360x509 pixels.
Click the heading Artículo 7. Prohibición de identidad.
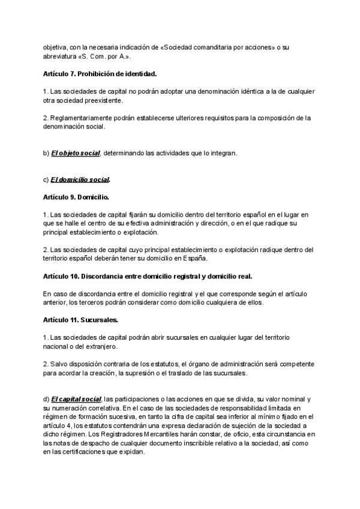100,74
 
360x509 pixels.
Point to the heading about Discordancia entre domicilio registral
148,276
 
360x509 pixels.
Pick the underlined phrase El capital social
76,399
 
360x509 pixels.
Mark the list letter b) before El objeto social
46,153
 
